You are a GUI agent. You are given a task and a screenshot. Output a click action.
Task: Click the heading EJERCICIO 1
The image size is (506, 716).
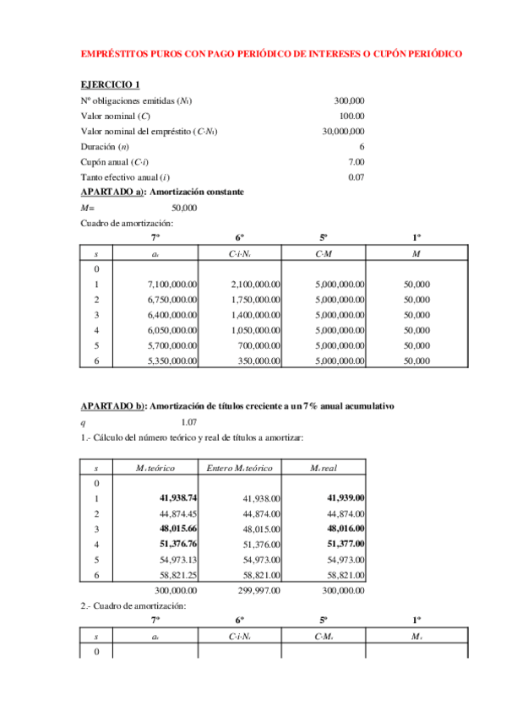pyautogui.click(x=111, y=85)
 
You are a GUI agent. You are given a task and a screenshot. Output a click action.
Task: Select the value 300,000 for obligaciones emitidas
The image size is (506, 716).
pyautogui.click(x=349, y=100)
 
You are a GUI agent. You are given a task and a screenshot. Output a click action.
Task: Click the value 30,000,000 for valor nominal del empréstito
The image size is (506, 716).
pyautogui.click(x=343, y=131)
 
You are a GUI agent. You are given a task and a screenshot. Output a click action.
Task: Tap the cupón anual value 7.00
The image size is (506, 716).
pyautogui.click(x=356, y=161)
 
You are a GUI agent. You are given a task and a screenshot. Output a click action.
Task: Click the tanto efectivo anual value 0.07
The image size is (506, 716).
pyautogui.click(x=356, y=176)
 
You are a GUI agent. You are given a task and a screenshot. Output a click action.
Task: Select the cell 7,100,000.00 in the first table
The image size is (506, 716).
pyautogui.click(x=172, y=285)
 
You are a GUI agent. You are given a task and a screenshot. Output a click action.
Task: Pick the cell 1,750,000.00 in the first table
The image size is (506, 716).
pyautogui.click(x=255, y=300)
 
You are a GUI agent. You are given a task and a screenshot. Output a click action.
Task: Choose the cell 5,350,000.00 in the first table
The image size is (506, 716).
pyautogui.click(x=172, y=361)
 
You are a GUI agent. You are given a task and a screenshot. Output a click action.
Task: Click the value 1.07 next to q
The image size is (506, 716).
pyautogui.click(x=189, y=421)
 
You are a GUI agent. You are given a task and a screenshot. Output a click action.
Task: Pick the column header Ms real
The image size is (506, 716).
pyautogui.click(x=324, y=467)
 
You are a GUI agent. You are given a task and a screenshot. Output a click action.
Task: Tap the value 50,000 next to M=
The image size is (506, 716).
pyautogui.click(x=184, y=207)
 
